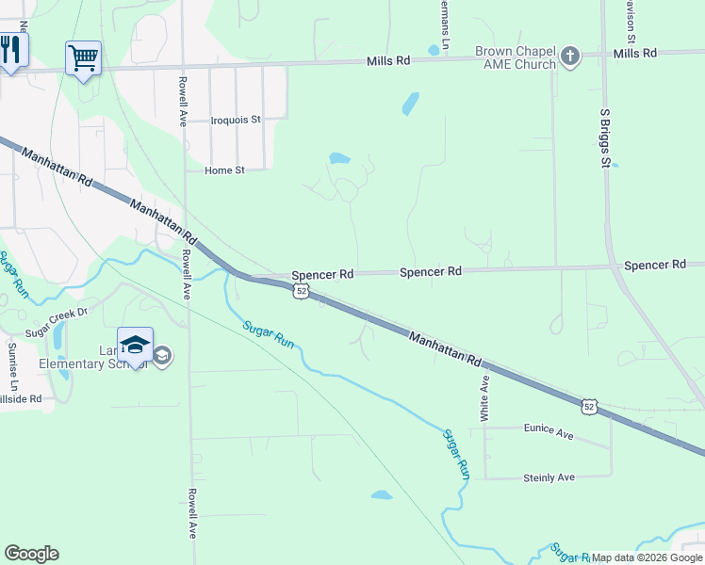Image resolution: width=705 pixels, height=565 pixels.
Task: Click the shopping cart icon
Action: coord(83,58)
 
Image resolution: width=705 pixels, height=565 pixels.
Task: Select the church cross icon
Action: coord(569,56)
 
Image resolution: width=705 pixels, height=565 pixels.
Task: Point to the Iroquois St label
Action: coord(235,120)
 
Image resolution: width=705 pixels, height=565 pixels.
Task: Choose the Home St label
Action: coord(224,170)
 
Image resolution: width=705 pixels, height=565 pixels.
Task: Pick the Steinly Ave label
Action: coord(549,477)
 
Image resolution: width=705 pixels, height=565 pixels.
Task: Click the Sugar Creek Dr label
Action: coord(56,322)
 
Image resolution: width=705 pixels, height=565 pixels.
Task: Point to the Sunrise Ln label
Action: coord(13,366)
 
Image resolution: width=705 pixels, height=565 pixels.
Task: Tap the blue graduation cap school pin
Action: coord(135,345)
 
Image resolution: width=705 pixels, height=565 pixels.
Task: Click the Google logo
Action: coord(31,554)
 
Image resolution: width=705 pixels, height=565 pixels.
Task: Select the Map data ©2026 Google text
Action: coord(648,557)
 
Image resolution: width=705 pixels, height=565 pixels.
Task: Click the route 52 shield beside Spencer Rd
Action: coord(300,291)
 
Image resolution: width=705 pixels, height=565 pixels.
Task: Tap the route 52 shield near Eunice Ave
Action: coord(588,405)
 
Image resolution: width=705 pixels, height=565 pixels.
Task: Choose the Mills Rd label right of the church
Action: coord(634,54)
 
